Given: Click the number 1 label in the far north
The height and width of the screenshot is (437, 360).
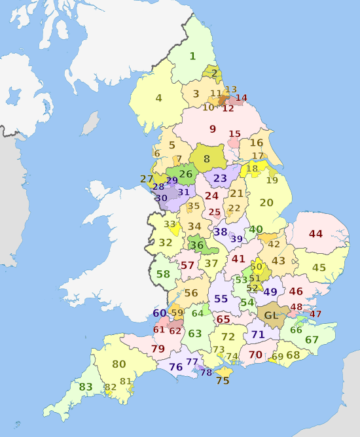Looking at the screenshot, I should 192,56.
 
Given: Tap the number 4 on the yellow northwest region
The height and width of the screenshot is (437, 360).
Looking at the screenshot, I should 158,99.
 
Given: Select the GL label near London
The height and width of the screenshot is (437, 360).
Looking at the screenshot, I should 270,315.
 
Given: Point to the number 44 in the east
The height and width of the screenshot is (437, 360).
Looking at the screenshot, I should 316,234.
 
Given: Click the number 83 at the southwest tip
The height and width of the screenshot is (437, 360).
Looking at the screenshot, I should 86,387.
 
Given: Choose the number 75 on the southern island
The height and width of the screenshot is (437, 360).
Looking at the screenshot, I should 223,380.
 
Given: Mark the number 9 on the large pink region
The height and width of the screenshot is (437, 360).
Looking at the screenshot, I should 213,129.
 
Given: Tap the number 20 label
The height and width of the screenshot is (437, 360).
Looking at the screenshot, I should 266,203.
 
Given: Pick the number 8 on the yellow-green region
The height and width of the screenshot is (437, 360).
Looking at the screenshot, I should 207,158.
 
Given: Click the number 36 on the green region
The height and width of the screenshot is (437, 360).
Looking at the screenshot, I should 196,245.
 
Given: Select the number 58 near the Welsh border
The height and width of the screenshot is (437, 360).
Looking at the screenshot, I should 163,274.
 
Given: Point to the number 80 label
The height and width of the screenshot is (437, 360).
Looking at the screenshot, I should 118,364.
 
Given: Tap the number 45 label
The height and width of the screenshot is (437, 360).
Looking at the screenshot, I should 319,268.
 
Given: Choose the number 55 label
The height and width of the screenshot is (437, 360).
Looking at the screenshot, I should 221,299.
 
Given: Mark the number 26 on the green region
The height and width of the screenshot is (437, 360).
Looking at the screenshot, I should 186,174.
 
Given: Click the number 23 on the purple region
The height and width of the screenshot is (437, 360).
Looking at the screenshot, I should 220,178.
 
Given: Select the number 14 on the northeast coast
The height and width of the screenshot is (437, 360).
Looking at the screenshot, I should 242,98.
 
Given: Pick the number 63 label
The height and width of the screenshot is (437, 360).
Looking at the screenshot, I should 195,333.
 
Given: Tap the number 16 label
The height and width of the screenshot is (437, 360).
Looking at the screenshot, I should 256,143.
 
